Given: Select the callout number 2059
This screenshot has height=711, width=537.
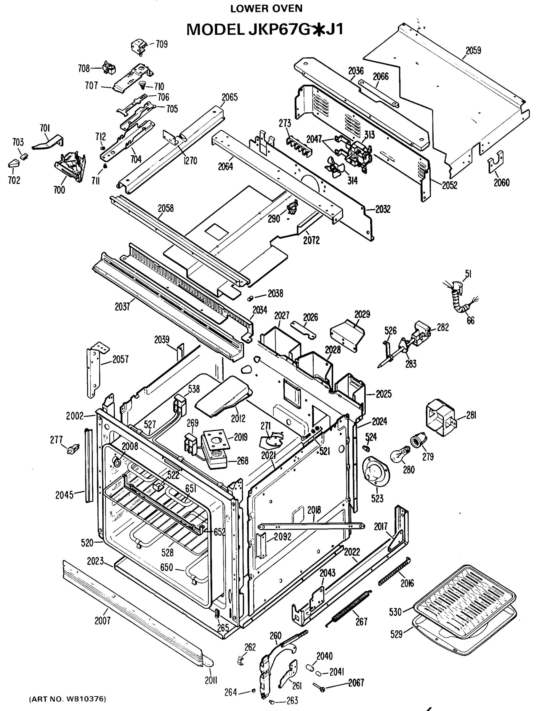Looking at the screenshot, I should [473, 50].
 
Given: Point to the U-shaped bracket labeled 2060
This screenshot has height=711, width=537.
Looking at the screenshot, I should [495, 162].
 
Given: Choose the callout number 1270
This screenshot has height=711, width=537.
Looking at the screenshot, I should [190, 160].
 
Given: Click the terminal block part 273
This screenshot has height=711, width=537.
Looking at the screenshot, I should [298, 146].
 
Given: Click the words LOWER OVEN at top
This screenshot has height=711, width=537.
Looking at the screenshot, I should [266, 9].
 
